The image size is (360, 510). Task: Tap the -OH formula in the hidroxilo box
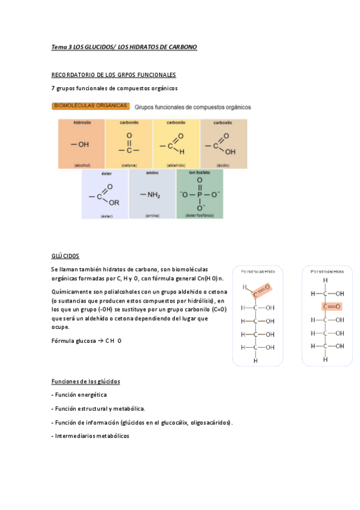pyautogui.click(x=79, y=145)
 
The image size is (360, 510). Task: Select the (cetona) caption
pyautogui.click(x=129, y=164)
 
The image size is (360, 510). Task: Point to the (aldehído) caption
pyautogui.click(x=175, y=164)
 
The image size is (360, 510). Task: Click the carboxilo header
pyautogui.click(x=223, y=123)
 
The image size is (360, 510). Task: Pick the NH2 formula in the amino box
pyautogui.click(x=151, y=194)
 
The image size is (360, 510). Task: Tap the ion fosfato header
pyautogui.click(x=199, y=173)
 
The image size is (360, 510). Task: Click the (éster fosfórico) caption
pyautogui.click(x=199, y=215)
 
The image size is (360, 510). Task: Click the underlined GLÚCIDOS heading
pyautogui.click(x=66, y=256)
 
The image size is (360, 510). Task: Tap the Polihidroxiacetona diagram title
pyautogui.click(x=327, y=271)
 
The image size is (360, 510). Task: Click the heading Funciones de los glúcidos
pyautogui.click(x=85, y=381)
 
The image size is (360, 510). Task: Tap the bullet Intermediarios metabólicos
pyautogui.click(x=90, y=436)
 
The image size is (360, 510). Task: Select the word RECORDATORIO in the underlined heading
pyautogui.click(x=72, y=75)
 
